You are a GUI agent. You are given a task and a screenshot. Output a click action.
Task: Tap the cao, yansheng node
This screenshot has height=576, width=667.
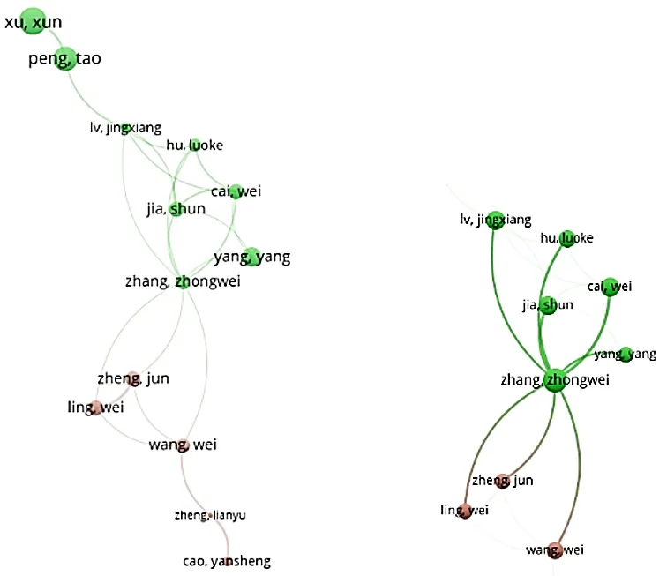coord(229,559)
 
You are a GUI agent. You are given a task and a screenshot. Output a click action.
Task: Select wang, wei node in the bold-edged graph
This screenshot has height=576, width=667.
coord(554,550)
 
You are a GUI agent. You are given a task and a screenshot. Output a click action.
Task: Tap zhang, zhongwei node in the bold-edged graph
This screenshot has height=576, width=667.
coord(554,381)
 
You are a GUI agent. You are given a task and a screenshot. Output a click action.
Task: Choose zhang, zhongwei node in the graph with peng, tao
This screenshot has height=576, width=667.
coord(183,281)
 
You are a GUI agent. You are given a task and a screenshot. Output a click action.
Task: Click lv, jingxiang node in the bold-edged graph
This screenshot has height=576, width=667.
coord(495,220)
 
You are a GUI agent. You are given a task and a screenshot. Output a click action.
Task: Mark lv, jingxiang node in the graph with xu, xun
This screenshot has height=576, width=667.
coord(125,129)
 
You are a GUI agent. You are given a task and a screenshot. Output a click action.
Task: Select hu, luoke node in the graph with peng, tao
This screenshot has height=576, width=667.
coord(195,145)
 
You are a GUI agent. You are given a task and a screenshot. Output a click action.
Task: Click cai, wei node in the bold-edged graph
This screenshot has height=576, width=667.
coord(610,286)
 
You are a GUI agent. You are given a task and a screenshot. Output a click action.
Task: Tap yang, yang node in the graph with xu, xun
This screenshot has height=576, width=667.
coord(251,257)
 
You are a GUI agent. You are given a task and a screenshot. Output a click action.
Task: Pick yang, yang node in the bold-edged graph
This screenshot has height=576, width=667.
coord(626,354)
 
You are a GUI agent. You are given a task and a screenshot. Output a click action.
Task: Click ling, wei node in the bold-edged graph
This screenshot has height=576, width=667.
coord(464,511)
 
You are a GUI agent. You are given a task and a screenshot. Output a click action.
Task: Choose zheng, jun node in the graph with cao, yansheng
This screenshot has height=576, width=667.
coord(132,379)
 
